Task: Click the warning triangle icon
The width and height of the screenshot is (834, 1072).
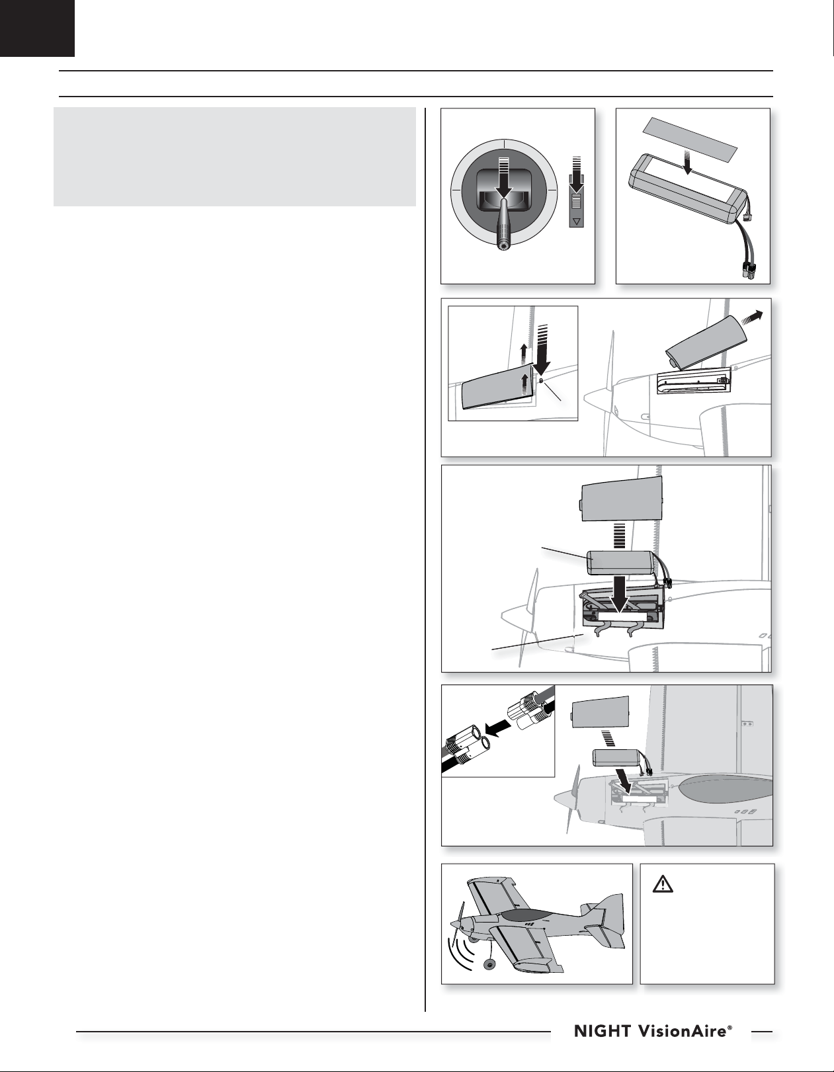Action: (663, 884)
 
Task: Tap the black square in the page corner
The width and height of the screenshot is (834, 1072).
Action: (37, 28)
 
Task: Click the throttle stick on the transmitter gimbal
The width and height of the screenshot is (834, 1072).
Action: (503, 226)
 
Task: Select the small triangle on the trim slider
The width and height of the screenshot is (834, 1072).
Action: (577, 220)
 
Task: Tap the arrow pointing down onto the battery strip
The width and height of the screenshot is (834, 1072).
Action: (689, 163)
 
